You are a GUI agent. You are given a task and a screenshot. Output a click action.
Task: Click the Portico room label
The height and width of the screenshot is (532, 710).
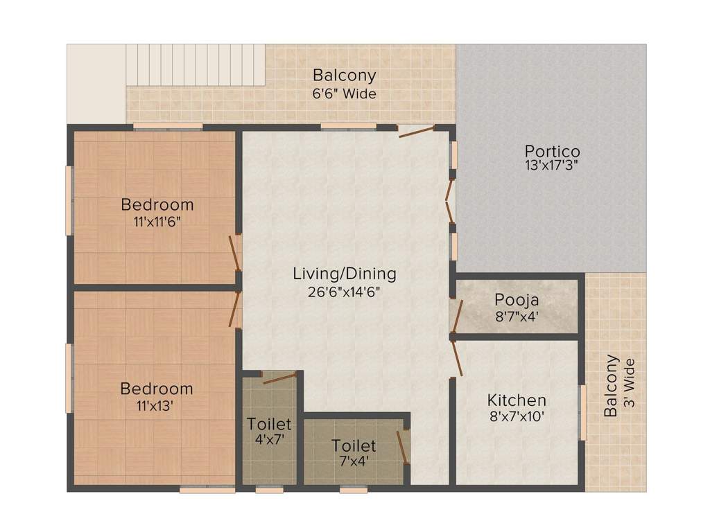coord(552,151)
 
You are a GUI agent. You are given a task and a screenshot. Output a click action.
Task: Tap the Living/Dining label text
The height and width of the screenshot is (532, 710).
coord(345,274)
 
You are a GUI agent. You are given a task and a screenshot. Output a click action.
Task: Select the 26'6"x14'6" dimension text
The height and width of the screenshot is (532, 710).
coord(344,292)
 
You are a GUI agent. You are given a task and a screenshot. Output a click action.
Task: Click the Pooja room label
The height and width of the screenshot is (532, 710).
coord(517,300)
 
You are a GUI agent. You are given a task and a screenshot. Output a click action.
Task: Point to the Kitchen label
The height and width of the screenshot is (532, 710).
coord(517,400)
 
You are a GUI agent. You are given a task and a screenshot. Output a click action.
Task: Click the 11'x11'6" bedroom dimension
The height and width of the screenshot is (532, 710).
coord(157,222)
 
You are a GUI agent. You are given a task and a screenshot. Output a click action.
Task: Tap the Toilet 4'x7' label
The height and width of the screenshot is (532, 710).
coord(270,431)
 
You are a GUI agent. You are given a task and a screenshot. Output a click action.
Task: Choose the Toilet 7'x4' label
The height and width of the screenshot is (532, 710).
coord(354,452)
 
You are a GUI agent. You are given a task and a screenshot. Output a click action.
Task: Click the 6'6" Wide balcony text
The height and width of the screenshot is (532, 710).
coord(344,94)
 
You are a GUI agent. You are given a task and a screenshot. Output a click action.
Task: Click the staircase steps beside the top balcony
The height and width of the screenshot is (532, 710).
coord(196,64)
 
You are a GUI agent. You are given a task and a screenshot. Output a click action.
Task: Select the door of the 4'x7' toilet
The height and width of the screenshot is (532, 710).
coord(279,378)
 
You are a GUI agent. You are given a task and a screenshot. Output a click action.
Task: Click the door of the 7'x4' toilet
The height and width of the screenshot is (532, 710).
coord(403,447)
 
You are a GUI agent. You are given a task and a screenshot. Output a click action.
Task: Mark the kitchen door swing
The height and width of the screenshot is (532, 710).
coord(456,358)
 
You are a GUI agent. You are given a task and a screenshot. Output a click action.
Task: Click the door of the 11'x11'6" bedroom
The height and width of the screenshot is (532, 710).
coord(235,254)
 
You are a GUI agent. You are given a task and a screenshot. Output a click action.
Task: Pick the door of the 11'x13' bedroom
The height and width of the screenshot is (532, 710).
coord(235,310)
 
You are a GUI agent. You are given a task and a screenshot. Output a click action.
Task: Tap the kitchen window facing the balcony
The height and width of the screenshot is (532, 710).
coord(582,412)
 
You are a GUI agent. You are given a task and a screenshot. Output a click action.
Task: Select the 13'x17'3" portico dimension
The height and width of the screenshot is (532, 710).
coord(552,165)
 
